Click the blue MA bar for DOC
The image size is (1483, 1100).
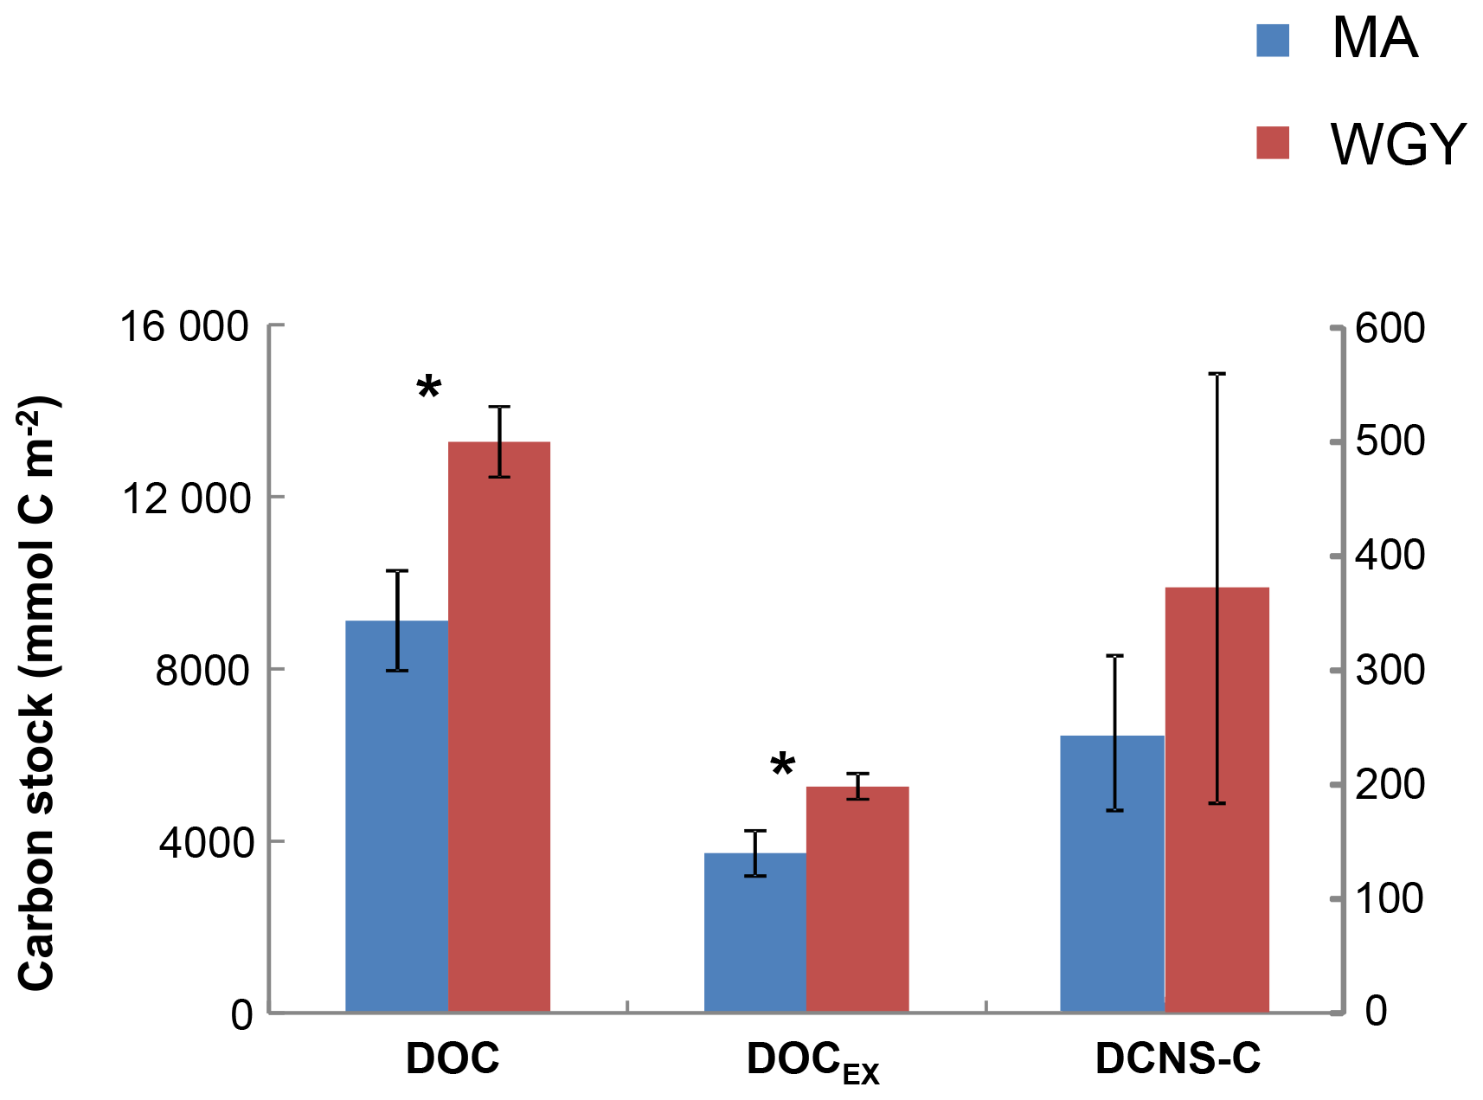pos(396,816)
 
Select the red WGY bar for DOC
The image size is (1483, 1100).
pos(499,727)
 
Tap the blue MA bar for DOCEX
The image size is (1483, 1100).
pos(755,932)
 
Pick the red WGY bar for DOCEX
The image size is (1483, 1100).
pos(857,899)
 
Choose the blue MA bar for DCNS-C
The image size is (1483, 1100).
pos(1113,873)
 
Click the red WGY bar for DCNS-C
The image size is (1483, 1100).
pos(1217,800)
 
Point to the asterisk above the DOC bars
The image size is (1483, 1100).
pos(429,388)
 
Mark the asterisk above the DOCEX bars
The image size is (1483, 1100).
pos(783,764)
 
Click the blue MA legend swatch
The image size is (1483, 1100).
pos(1273,41)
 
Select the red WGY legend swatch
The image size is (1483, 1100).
pos(1273,144)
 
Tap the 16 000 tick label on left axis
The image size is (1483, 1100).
pos(184,328)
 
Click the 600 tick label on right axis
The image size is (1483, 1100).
pos(1390,329)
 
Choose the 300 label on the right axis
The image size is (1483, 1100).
pos(1390,671)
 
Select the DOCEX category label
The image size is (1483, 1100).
pos(813,1061)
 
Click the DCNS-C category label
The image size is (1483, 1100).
pos(1178,1058)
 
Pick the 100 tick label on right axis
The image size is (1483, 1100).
pos(1390,899)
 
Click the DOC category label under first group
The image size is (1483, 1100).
pos(453,1058)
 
